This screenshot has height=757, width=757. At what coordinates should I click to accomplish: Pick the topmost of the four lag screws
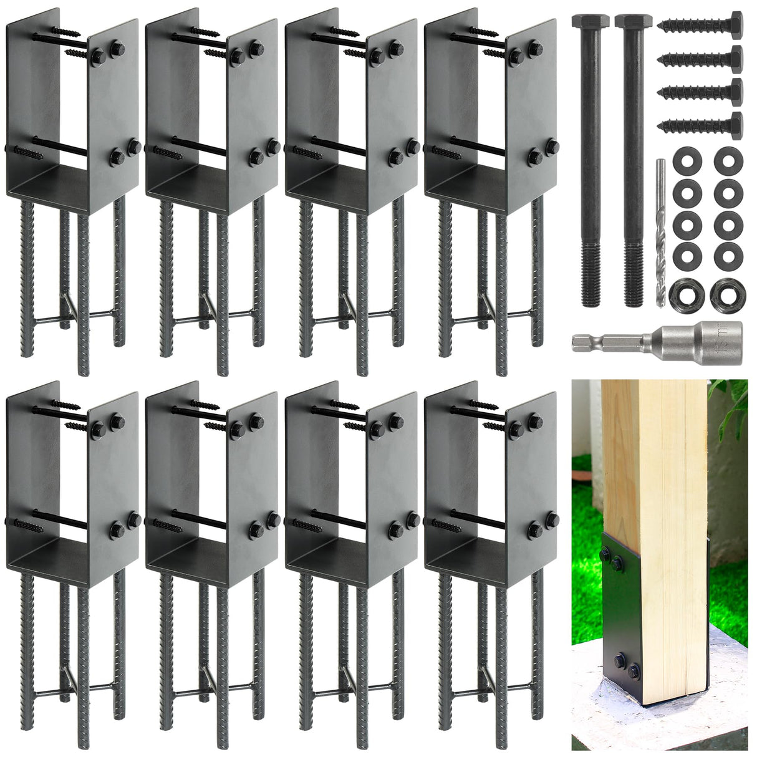702,25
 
